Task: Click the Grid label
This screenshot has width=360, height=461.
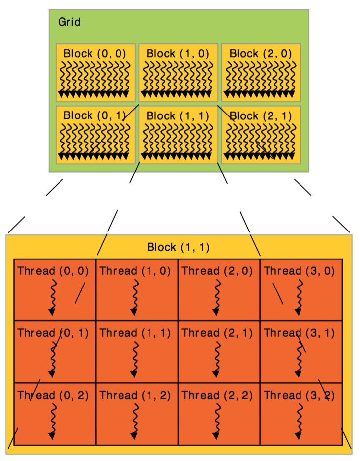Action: [x=69, y=22]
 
